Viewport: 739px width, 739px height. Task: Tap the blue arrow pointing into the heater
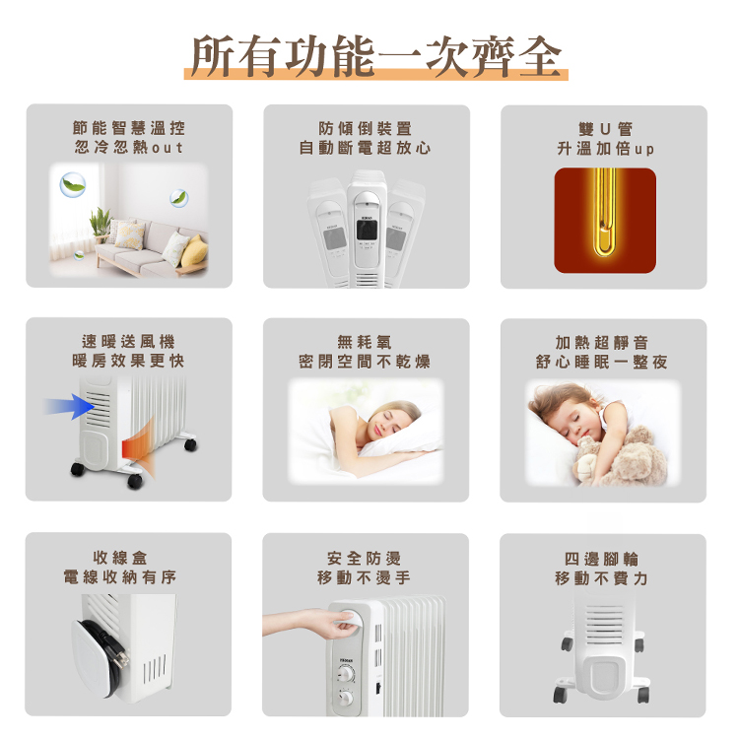click(x=67, y=406)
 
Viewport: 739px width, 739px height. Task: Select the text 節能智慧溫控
click(x=129, y=128)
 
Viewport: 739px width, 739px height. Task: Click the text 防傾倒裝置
click(x=366, y=128)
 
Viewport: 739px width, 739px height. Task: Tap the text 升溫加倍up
click(x=604, y=149)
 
